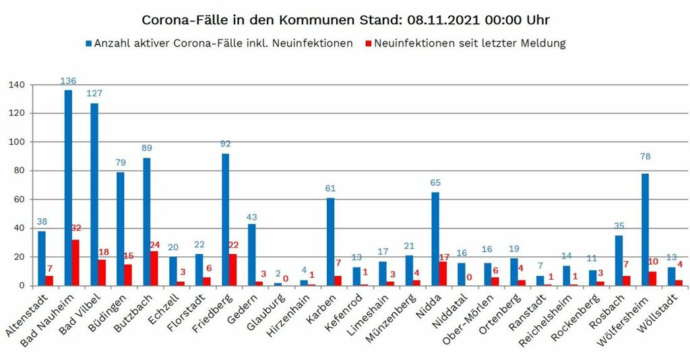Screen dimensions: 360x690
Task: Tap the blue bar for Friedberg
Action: (x=225, y=219)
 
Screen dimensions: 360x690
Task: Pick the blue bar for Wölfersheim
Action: (x=645, y=229)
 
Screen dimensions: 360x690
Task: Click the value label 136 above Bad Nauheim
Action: (x=68, y=81)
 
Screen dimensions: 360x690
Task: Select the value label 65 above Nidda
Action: (x=435, y=183)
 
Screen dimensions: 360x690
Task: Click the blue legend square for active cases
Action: (x=89, y=44)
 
